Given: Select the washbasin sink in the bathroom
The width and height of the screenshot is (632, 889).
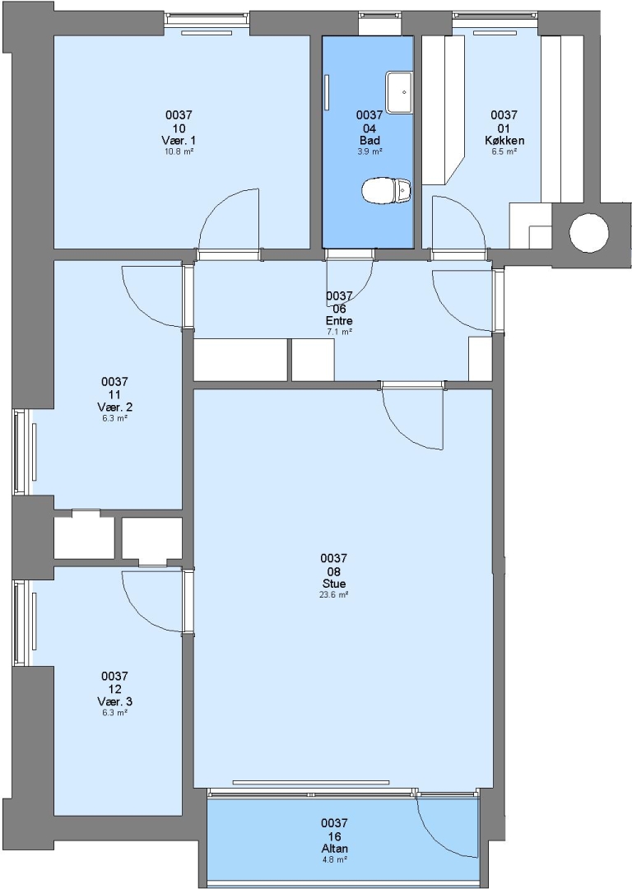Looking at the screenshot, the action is click(x=400, y=92).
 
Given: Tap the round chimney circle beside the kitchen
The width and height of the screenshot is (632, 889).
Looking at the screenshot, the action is click(x=589, y=232).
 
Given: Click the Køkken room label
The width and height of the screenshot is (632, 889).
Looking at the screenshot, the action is click(x=504, y=140).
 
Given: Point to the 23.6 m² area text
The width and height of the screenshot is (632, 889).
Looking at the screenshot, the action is click(x=334, y=595).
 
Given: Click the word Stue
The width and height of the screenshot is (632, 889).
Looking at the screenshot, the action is click(x=334, y=584).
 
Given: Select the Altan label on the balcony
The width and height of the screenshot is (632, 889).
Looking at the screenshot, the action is click(x=334, y=849).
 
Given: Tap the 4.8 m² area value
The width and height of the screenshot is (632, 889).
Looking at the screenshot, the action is click(x=334, y=859).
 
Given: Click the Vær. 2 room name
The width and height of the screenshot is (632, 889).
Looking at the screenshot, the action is click(x=114, y=407).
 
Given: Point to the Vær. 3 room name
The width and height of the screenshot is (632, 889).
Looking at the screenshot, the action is click(x=114, y=701).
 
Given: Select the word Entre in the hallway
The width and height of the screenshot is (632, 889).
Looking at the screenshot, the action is click(x=339, y=321).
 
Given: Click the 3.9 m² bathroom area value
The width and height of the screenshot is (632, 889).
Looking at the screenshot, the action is click(x=369, y=151).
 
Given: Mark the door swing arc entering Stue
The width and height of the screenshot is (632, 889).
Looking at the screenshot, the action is click(x=402, y=428).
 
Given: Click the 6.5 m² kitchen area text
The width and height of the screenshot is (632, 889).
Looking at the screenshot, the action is click(x=504, y=151).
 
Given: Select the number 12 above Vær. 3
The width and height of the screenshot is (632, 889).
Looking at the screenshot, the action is click(x=114, y=690).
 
